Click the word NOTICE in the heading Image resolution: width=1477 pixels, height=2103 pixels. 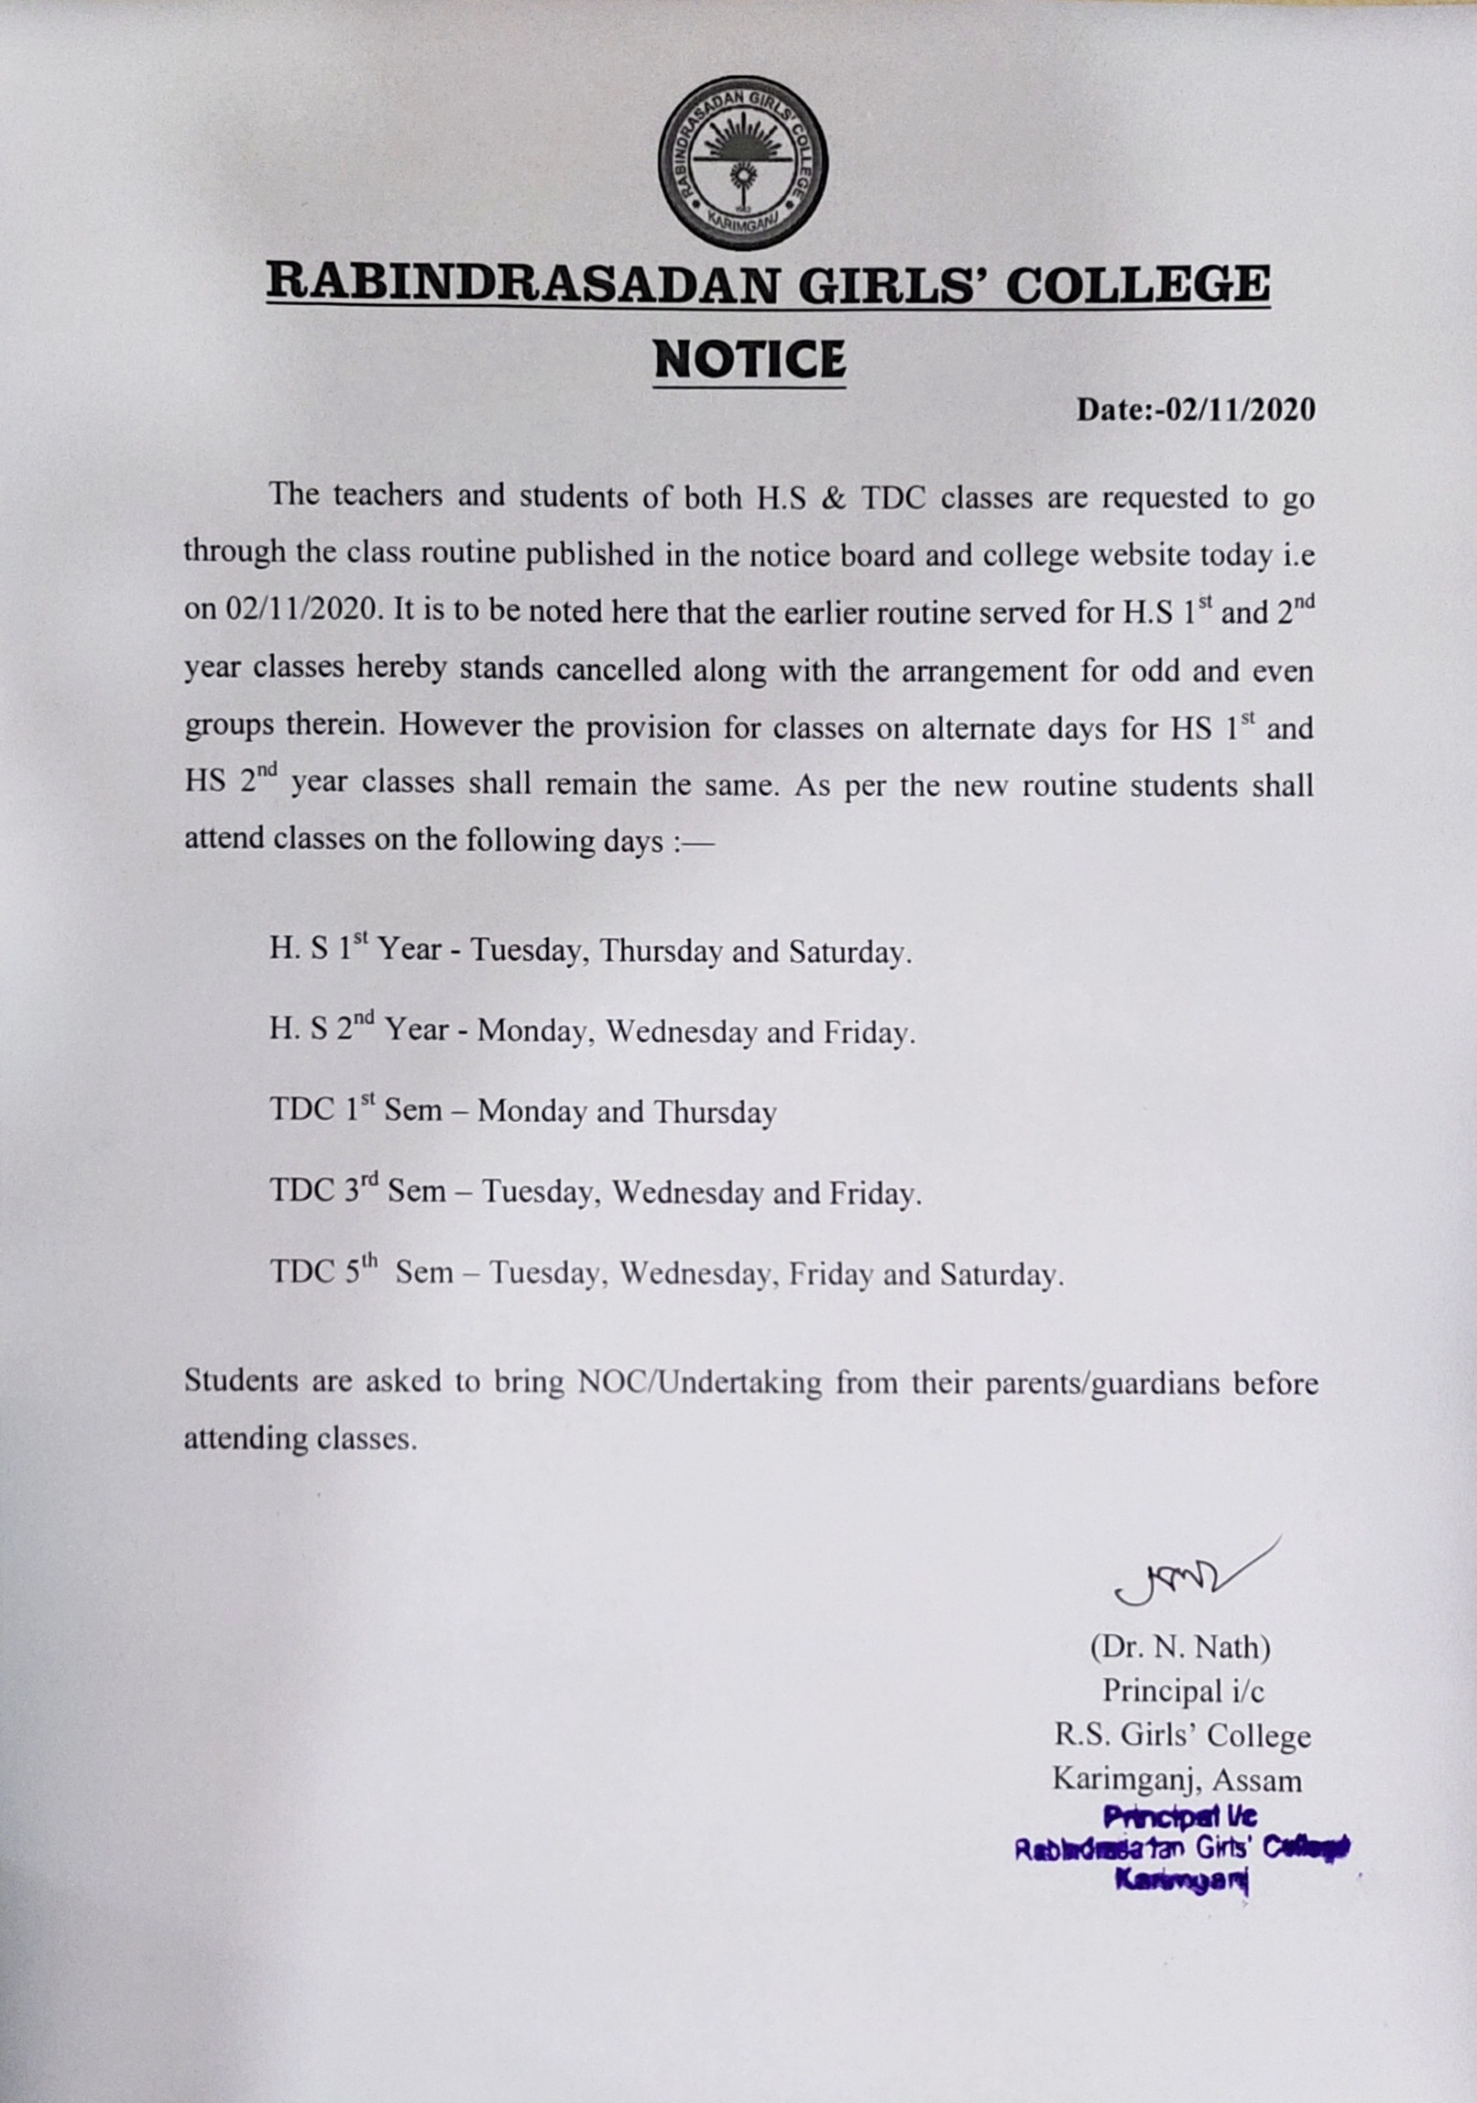point(749,359)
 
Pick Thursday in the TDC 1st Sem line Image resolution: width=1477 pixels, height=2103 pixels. point(715,1113)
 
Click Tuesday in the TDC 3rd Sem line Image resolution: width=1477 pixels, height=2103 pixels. point(542,1193)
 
